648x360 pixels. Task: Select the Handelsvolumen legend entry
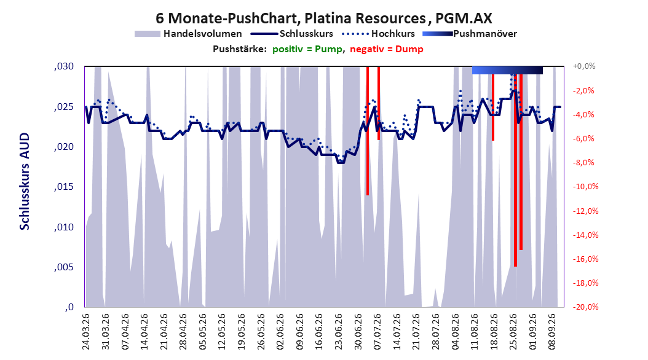click(188, 34)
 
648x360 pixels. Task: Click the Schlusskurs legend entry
click(291, 34)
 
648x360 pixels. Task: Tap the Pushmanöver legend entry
click(470, 34)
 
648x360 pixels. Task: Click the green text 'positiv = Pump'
click(307, 49)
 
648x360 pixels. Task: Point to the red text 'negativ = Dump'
click(387, 49)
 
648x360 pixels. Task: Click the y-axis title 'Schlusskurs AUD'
click(25, 181)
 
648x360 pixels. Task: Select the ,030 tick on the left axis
click(64, 66)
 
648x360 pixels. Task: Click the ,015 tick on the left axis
click(64, 187)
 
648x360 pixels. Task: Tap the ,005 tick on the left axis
click(64, 267)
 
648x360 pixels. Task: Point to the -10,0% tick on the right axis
click(585, 187)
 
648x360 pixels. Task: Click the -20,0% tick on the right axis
click(585, 307)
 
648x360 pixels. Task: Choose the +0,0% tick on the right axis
click(584, 66)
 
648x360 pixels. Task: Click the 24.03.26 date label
click(86, 332)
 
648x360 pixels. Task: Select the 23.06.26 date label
click(339, 332)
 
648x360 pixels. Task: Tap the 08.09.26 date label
click(551, 332)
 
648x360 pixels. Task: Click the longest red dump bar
click(515, 166)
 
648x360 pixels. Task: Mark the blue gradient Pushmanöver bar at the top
click(507, 70)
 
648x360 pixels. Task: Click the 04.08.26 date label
click(455, 332)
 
